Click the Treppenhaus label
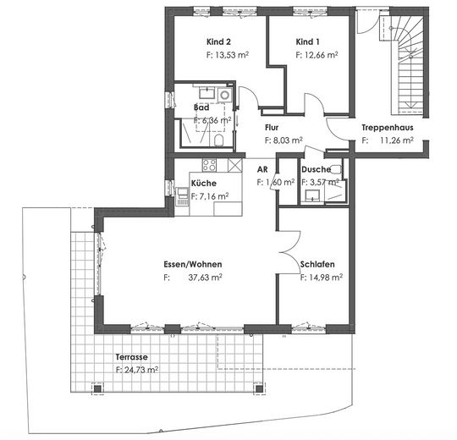387,128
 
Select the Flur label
272,128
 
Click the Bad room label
201,108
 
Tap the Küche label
203,183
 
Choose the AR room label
262,169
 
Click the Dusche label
315,169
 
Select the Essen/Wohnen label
191,264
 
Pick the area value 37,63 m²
205,277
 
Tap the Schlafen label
317,264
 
